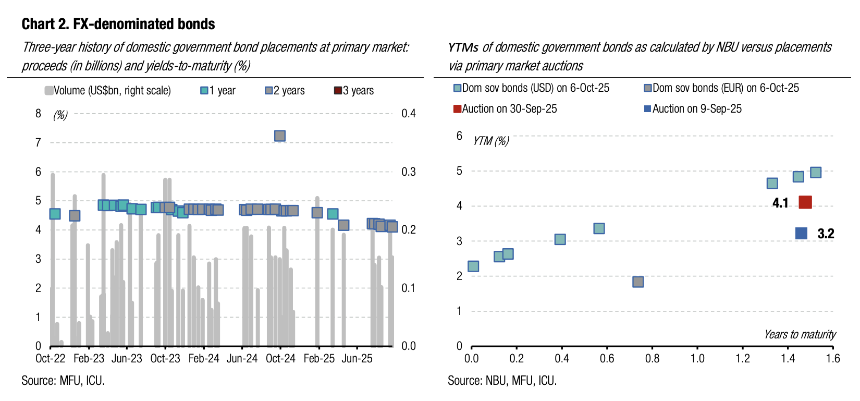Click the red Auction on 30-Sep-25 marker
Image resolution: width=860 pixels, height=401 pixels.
(x=805, y=202)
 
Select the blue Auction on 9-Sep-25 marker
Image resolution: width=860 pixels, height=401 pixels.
(x=802, y=233)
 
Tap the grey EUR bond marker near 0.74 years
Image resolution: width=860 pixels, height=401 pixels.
(x=638, y=282)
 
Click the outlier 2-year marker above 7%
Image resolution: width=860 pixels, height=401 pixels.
(x=280, y=136)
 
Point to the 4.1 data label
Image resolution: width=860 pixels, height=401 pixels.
(x=780, y=203)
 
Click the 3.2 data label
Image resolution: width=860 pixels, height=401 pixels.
(x=826, y=234)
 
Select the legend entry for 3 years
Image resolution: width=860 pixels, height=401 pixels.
(x=354, y=91)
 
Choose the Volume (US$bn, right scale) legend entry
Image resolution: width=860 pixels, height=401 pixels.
(x=108, y=91)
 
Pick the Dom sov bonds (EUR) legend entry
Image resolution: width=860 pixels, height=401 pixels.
(x=721, y=88)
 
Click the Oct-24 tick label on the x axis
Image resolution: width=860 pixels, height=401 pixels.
(x=280, y=359)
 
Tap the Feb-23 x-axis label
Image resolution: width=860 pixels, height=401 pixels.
(x=89, y=359)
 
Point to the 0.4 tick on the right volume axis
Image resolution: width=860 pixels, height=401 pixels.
(x=409, y=114)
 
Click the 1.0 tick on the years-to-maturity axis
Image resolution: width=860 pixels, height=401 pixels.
(x=697, y=359)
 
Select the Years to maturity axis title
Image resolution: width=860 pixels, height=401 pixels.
(x=800, y=334)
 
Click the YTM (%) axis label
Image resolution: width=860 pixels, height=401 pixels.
(x=490, y=141)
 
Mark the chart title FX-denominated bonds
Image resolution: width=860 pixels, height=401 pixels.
(x=118, y=24)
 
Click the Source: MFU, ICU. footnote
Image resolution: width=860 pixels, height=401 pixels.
(x=63, y=381)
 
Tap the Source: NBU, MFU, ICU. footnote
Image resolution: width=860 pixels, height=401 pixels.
(x=502, y=381)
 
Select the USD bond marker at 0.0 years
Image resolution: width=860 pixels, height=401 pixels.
(x=473, y=266)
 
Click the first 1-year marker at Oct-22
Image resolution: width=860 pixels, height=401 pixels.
(x=55, y=214)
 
